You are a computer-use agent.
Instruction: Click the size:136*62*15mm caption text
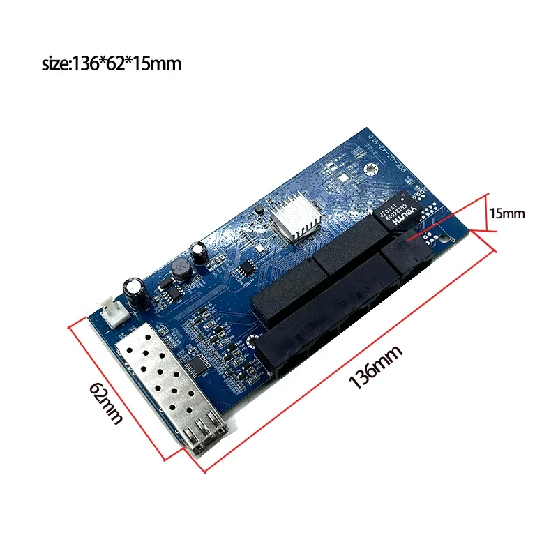coord(112,64)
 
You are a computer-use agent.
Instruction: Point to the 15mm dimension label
coord(507,214)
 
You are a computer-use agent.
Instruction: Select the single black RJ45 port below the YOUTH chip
coord(412,258)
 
